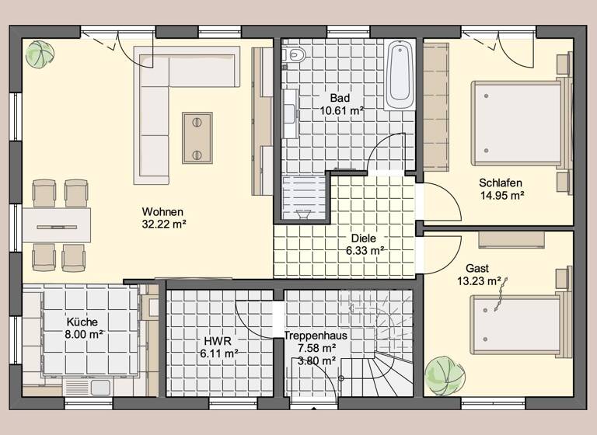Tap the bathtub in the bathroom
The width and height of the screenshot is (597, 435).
(401, 75)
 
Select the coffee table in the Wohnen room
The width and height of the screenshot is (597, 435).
(197, 137)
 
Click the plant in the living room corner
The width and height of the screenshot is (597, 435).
(39, 54)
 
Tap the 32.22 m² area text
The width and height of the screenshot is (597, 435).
(163, 224)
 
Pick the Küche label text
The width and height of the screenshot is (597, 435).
(82, 322)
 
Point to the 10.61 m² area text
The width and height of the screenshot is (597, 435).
(342, 111)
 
